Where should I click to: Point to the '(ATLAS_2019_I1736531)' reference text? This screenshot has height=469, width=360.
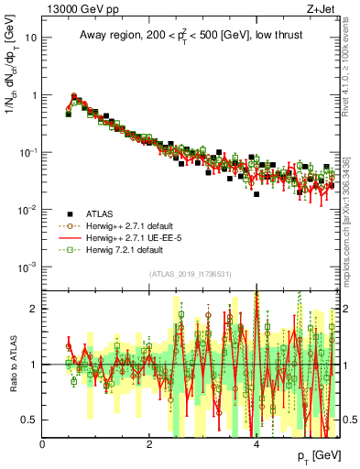click(x=190, y=274)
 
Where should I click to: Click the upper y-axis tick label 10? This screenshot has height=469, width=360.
click(x=31, y=38)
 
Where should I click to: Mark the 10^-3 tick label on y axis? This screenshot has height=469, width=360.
click(x=28, y=267)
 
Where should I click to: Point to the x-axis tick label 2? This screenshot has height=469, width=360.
click(x=149, y=444)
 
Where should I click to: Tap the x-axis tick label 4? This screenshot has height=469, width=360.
click(x=256, y=444)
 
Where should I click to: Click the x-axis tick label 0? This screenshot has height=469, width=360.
click(x=43, y=444)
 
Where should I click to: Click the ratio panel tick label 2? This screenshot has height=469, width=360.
click(x=34, y=308)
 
